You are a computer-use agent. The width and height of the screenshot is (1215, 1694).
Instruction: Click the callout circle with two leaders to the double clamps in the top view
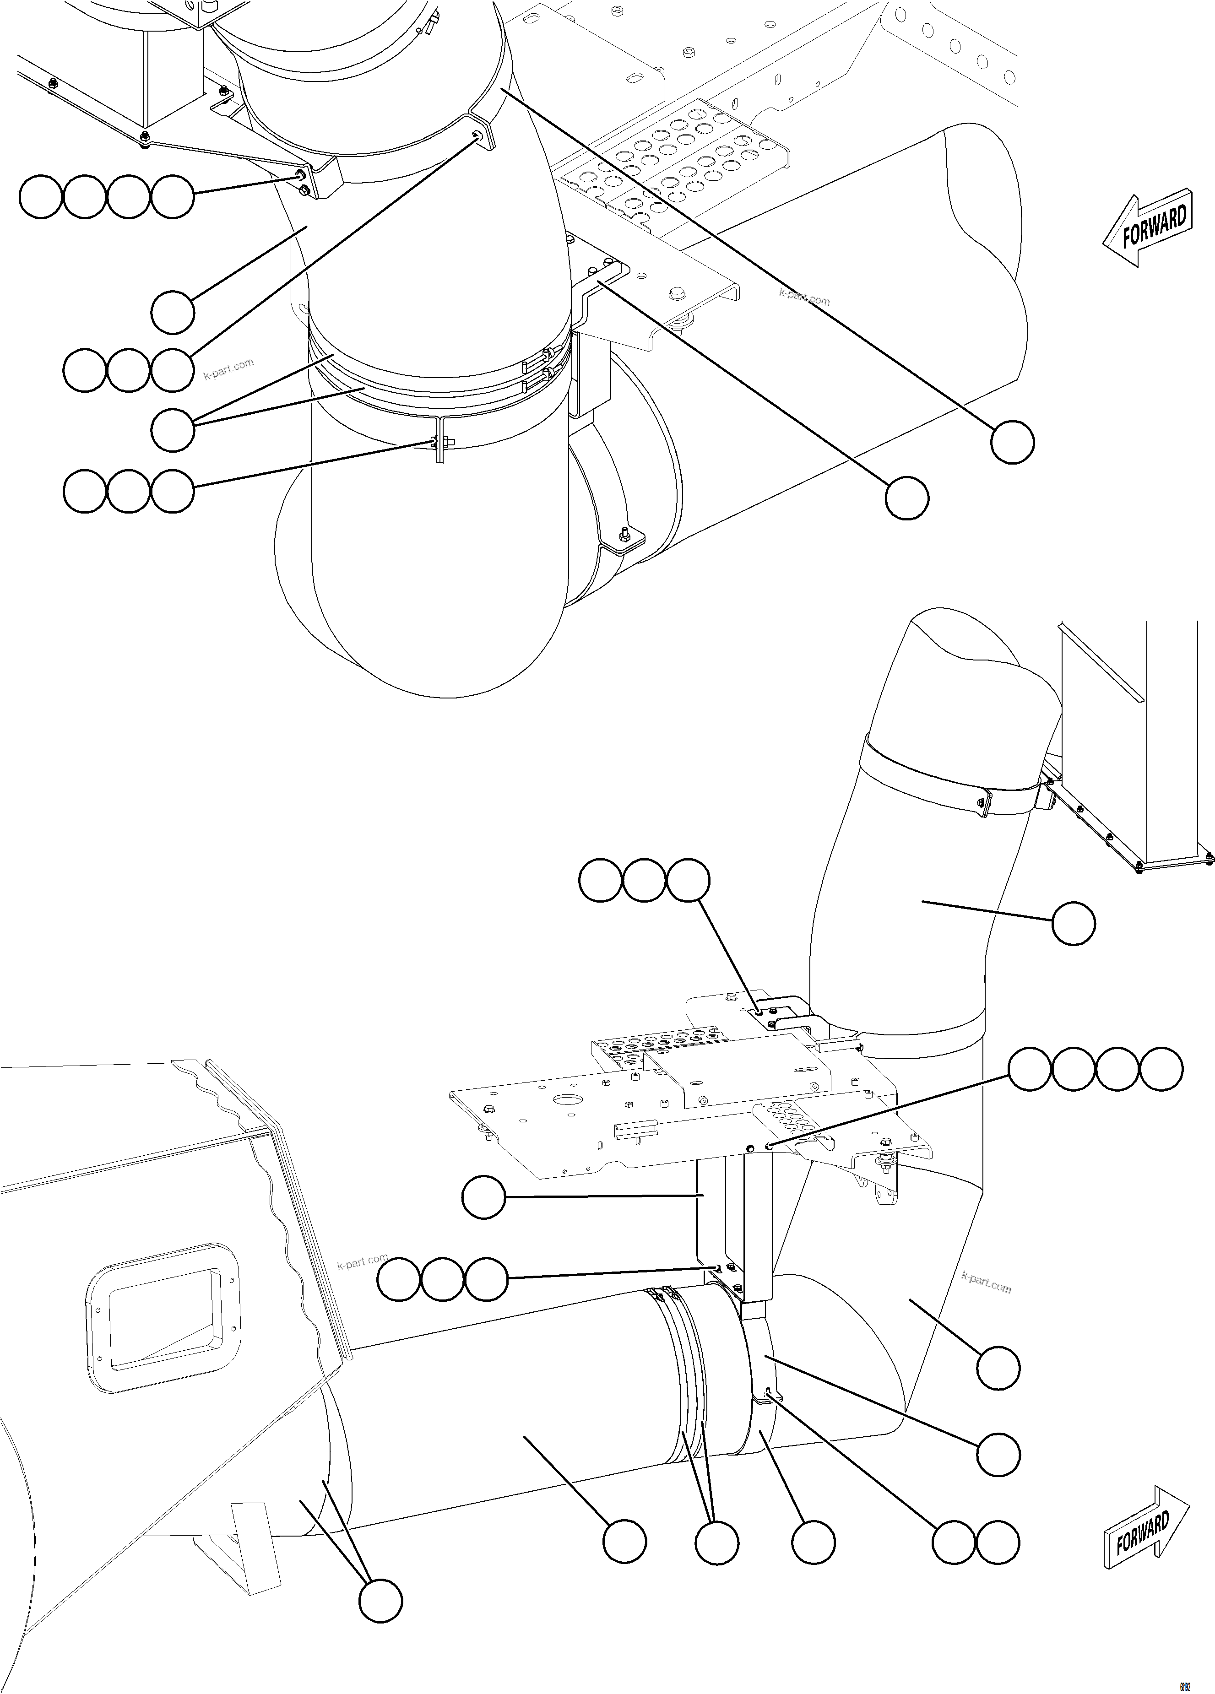coord(173,429)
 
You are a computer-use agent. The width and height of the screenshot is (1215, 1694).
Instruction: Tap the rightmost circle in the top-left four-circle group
coord(173,197)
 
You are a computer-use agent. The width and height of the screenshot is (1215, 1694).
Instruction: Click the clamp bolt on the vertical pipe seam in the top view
coord(438,444)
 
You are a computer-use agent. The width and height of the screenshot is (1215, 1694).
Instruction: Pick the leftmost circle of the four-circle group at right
coord(1031,1070)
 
